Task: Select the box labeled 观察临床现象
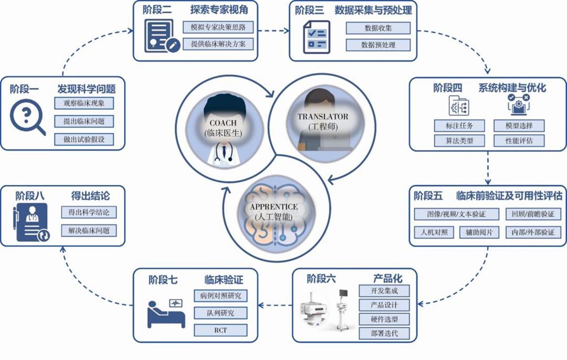(x=84, y=103)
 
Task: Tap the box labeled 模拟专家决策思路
(x=218, y=27)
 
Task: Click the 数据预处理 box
(x=378, y=45)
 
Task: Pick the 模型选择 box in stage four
(x=519, y=126)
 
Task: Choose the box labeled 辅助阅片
(x=479, y=232)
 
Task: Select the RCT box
(x=220, y=330)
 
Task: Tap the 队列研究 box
(x=220, y=313)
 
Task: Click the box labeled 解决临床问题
(x=89, y=231)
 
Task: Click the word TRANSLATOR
(x=323, y=117)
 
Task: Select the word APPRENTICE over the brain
(x=274, y=207)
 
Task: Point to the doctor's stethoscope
(x=223, y=154)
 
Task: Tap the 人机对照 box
(x=434, y=232)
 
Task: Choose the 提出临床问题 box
(x=84, y=121)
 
